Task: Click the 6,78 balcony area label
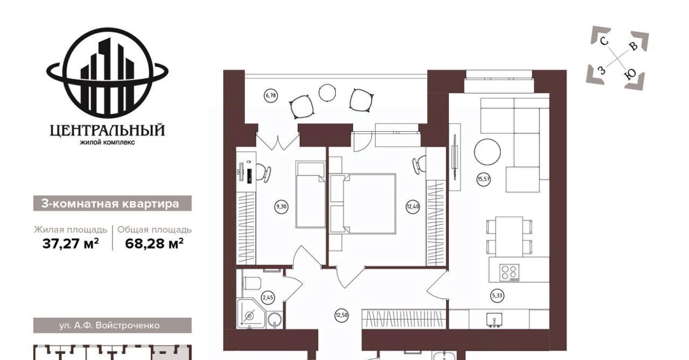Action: coord(271,95)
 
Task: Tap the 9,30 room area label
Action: coord(281,207)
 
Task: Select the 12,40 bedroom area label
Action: coord(413,207)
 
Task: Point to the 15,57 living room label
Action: coord(483,179)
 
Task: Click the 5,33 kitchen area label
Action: coord(497,296)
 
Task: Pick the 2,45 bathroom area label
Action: coord(268,297)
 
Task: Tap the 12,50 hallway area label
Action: coord(342,315)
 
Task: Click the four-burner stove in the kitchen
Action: coord(510,272)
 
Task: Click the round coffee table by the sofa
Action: coord(487,152)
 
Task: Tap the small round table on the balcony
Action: coord(327,93)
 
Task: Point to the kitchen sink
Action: coord(494,320)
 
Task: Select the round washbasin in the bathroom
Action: coord(275,319)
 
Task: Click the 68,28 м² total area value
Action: coord(154,244)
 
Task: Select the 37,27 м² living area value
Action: coord(71,244)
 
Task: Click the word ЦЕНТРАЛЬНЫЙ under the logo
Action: coord(107,130)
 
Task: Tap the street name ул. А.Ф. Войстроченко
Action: coord(109,326)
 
